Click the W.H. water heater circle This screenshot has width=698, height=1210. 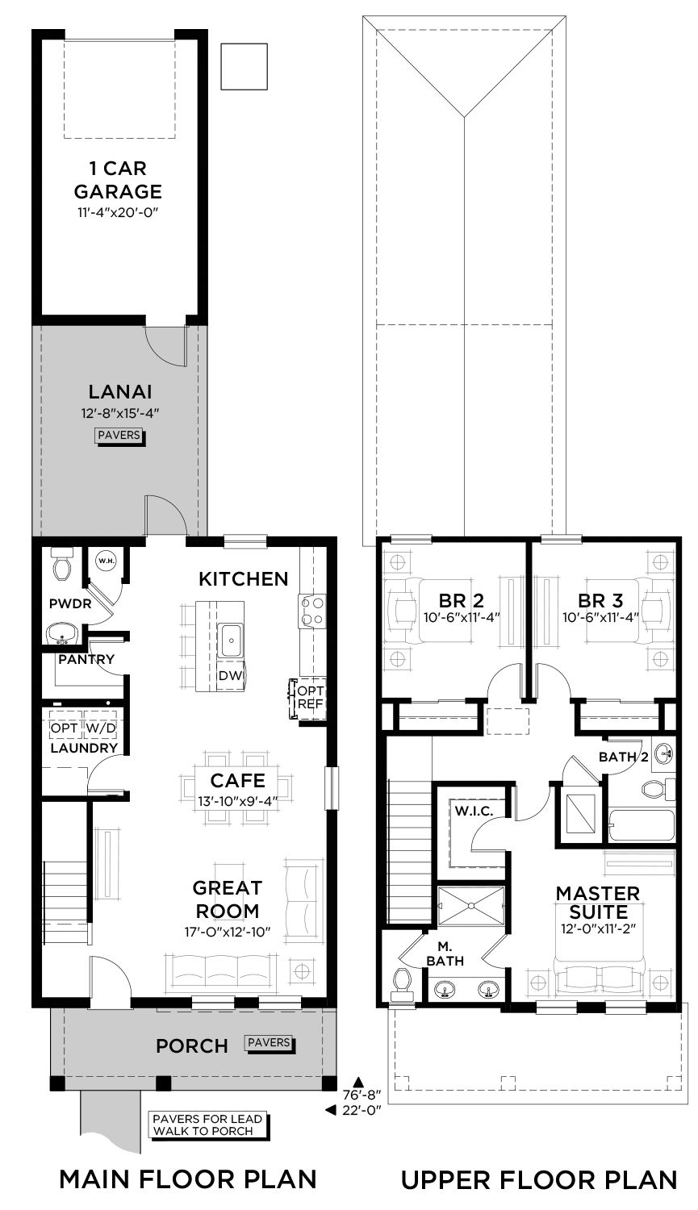tap(106, 561)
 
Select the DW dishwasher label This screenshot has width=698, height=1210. tap(230, 676)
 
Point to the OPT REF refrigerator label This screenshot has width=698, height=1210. tap(311, 698)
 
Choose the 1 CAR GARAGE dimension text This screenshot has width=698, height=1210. tap(118, 212)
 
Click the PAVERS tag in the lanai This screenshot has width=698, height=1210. tap(119, 435)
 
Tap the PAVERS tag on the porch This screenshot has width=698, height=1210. tap(269, 1042)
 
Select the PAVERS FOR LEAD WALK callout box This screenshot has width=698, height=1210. tap(208, 1124)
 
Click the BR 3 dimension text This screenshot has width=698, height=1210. tap(600, 617)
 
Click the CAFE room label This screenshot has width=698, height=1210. tap(238, 781)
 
